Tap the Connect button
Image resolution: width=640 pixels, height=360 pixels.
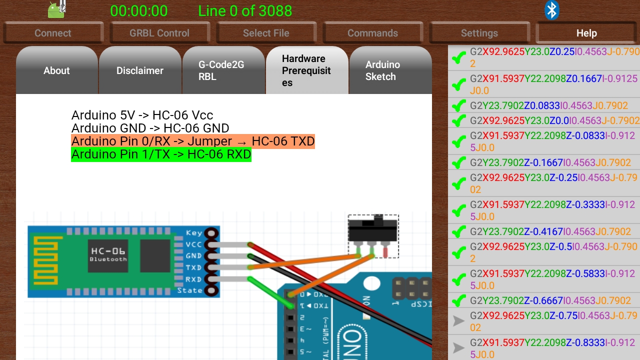[x=53, y=33]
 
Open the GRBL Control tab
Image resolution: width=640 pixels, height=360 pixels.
[x=159, y=33]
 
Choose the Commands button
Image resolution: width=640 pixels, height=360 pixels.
[x=372, y=33]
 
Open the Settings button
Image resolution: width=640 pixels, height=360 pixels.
[x=479, y=33]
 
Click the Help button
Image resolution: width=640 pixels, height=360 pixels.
[x=586, y=33]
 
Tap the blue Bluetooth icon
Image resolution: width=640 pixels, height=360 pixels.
[x=551, y=10]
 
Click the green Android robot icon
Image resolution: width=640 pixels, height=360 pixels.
[x=56, y=10]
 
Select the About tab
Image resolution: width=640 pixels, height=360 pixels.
[x=56, y=70]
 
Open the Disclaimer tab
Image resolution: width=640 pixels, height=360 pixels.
[x=140, y=70]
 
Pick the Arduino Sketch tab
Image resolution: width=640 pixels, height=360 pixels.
[x=382, y=70]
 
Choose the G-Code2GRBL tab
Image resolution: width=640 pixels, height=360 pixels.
[x=221, y=70]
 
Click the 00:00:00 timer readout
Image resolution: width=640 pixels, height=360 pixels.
[x=139, y=11]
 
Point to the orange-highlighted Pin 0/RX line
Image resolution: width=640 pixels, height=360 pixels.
[x=193, y=141]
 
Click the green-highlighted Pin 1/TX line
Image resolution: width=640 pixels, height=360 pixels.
[x=161, y=154]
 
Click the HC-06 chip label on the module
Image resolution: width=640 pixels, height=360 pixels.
[x=108, y=251]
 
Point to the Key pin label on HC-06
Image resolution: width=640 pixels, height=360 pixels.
[x=194, y=233]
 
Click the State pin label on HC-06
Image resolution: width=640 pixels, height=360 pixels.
[x=190, y=290]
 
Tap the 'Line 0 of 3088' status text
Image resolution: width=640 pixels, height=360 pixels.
[x=245, y=11]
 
